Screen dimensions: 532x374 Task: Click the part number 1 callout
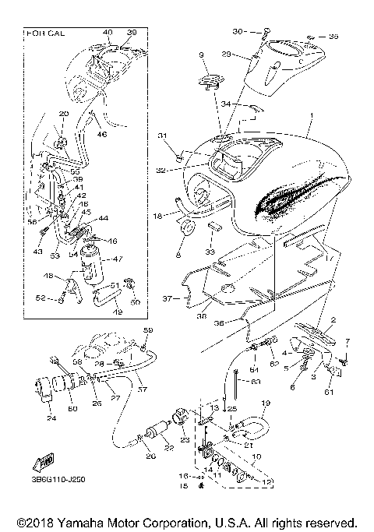point(311,116)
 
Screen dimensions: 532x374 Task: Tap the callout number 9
point(201,55)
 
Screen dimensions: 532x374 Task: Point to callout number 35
point(333,36)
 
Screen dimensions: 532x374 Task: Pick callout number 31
point(162,137)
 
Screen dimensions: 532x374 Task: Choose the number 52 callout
point(38,298)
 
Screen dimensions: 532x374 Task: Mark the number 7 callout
point(348,341)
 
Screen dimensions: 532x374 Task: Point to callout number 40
point(108,33)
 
